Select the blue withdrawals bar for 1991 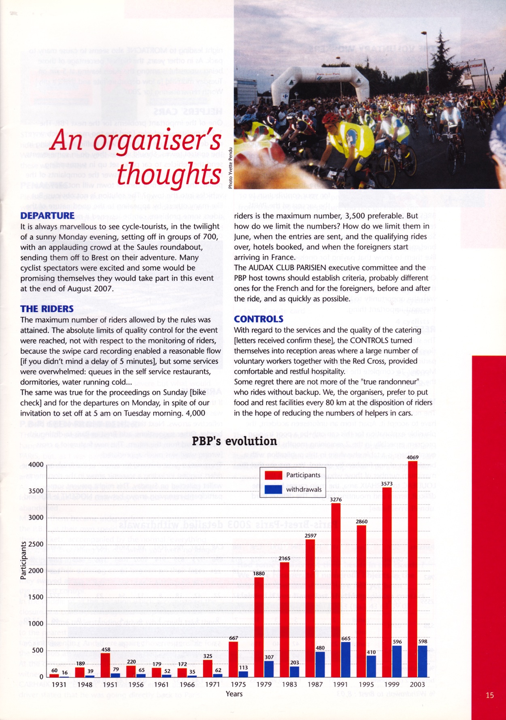click(346, 659)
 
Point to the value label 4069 click(413, 457)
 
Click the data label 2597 click(310, 535)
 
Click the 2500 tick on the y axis click(36, 544)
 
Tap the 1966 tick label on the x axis click(187, 684)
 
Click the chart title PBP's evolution click(234, 441)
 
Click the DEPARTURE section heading click(47, 215)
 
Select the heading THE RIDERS click(47, 309)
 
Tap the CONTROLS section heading click(259, 319)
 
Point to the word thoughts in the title click(169, 175)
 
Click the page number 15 click(489, 695)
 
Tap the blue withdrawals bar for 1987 click(320, 664)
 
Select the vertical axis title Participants click(23, 560)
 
